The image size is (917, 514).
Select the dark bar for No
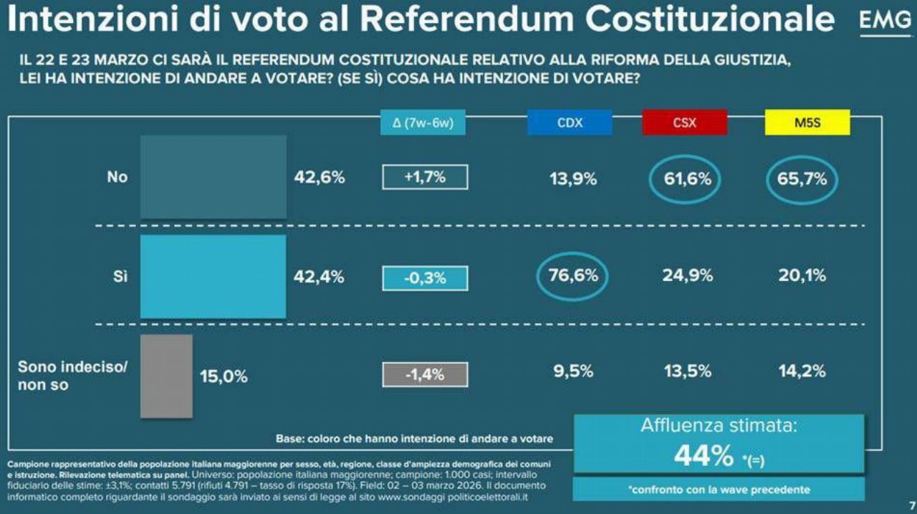pyautogui.click(x=213, y=176)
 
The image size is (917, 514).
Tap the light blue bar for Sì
pyautogui.click(x=213, y=276)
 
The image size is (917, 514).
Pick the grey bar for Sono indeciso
pyautogui.click(x=166, y=376)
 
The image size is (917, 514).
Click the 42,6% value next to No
pyautogui.click(x=320, y=178)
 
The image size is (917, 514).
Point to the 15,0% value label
pyautogui.click(x=224, y=376)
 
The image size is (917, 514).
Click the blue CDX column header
pyautogui.click(x=570, y=123)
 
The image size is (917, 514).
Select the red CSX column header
pyautogui.click(x=684, y=123)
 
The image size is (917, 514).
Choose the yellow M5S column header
pyautogui.click(x=807, y=123)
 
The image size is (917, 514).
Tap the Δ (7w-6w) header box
pyautogui.click(x=423, y=123)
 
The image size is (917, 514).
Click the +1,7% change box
pyautogui.click(x=425, y=177)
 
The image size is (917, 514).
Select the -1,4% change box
pyautogui.click(x=425, y=374)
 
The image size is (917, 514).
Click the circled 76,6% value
pyautogui.click(x=572, y=276)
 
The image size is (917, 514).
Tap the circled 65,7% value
pyautogui.click(x=802, y=179)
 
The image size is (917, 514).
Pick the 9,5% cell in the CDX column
pyautogui.click(x=572, y=371)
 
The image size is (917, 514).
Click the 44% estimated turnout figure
pyautogui.click(x=704, y=455)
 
